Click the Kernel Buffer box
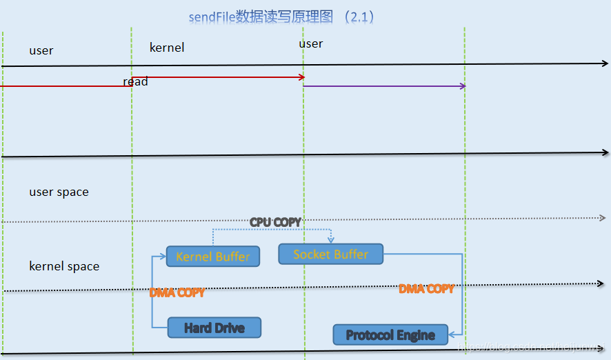coord(213,257)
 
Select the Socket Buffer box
coord(330,254)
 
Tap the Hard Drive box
coord(214,328)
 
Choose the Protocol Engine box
coord(390,335)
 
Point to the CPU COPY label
coord(275,222)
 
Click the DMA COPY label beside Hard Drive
coord(177,292)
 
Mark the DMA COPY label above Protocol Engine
coord(426,288)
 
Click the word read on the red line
coord(135,82)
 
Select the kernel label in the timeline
coord(167,48)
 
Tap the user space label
coord(59,192)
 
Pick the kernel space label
coord(64,266)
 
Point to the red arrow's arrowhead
coord(302,77)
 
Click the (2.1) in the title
coord(361,17)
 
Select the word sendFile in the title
coord(212,17)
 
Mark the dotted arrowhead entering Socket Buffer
coord(331,240)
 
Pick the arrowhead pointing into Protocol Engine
coord(452,335)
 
